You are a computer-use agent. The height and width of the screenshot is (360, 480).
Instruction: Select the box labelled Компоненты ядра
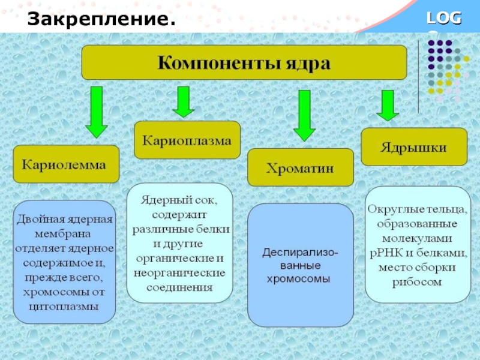[x=244, y=62]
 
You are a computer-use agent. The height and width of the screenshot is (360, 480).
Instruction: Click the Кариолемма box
[x=65, y=163]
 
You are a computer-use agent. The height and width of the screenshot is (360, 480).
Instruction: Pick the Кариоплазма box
[x=187, y=140]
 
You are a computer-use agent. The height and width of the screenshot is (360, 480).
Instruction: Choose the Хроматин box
[x=300, y=167]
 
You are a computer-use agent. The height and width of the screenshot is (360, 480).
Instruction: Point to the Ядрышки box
[x=414, y=148]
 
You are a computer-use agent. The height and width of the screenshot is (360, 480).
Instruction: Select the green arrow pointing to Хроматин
[x=304, y=115]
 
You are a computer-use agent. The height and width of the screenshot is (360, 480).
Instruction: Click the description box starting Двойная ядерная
[x=64, y=262]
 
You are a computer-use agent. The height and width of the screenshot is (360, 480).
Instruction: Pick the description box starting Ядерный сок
[x=180, y=242]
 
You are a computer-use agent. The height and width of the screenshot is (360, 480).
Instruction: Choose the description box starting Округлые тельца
[x=418, y=244]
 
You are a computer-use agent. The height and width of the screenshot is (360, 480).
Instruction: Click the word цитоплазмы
[x=64, y=305]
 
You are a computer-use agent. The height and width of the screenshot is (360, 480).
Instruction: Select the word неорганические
[x=180, y=272]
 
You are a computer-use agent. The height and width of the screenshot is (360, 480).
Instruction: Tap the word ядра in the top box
[x=307, y=62]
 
